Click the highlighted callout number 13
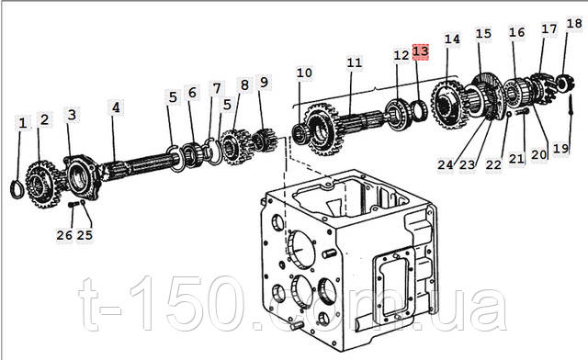point(421,51)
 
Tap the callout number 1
point(23,123)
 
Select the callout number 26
point(64,235)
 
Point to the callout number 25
point(85,235)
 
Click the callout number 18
point(574,24)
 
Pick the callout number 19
point(561,149)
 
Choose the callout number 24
point(446,164)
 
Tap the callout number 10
point(304,73)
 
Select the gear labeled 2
point(42,185)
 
